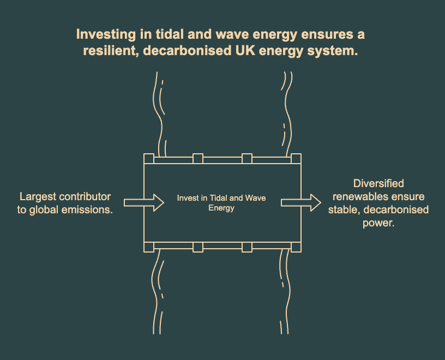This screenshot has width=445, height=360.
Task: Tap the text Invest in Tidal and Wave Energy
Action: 221,203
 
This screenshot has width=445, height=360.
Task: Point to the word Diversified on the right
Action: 378,184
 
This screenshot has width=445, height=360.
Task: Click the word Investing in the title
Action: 101,34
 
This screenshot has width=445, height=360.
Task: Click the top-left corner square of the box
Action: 148,159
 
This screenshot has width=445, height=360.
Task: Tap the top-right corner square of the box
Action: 296,159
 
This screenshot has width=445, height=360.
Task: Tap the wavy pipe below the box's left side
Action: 159,292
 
